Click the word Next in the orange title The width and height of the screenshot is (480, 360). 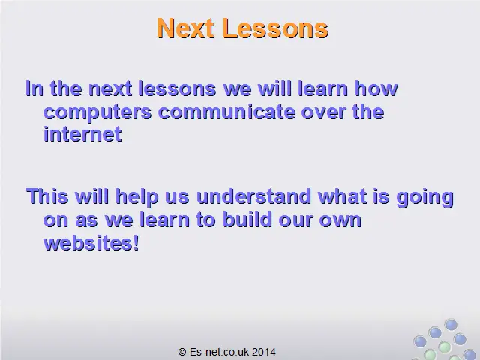185,28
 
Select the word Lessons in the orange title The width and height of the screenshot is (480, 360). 275,28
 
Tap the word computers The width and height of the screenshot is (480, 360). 97,113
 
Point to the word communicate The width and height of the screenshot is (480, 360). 226,112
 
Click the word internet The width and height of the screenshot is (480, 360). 82,134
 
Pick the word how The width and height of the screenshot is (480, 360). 376,88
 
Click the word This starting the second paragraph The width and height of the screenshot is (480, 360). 47,196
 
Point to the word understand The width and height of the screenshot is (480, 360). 253,196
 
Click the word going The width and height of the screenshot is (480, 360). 425,198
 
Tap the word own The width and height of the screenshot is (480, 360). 340,221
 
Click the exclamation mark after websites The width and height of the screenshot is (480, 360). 136,243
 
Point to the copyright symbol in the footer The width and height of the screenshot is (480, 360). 182,352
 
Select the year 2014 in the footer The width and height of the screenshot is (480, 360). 264,352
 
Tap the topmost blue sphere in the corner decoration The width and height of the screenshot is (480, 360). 451,325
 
